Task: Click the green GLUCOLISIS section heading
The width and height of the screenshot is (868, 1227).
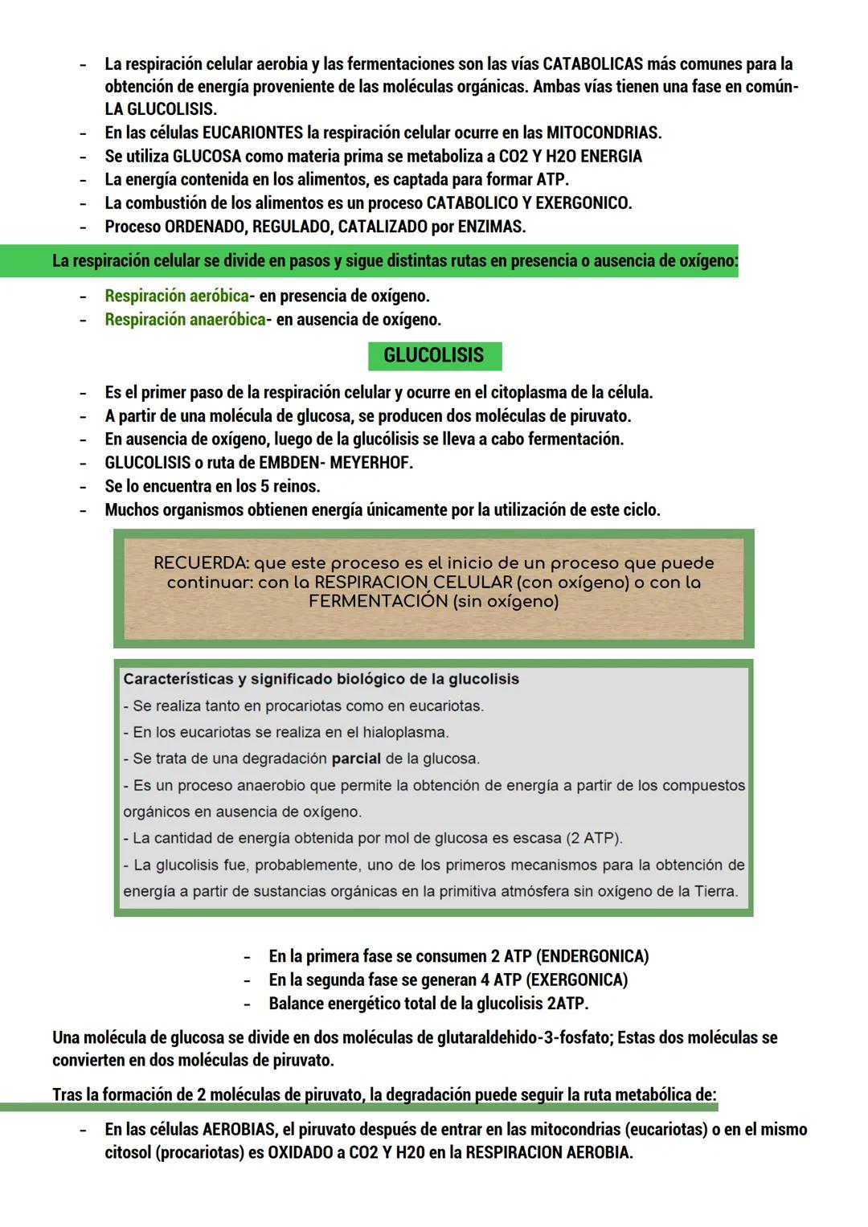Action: (434, 355)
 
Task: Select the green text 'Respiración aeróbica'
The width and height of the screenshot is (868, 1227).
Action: (176, 297)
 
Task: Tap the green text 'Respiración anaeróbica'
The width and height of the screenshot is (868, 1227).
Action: (185, 320)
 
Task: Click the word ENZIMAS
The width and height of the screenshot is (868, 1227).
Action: (491, 227)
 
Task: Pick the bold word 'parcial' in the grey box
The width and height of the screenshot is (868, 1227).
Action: (356, 759)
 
